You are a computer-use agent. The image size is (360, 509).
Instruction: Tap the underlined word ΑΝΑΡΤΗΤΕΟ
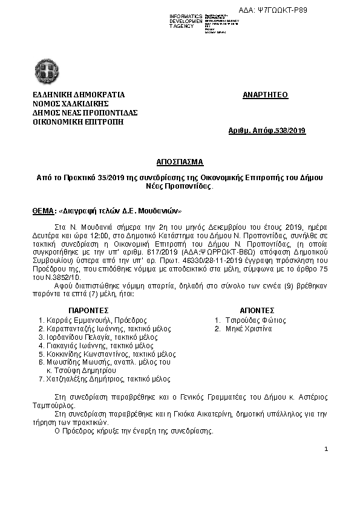tap(265, 95)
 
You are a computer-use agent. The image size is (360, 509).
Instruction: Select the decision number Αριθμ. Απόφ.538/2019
tap(267, 131)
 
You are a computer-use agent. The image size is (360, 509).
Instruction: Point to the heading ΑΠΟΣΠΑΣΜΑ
tap(180, 162)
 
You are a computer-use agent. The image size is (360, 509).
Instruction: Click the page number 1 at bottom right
tap(326, 449)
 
